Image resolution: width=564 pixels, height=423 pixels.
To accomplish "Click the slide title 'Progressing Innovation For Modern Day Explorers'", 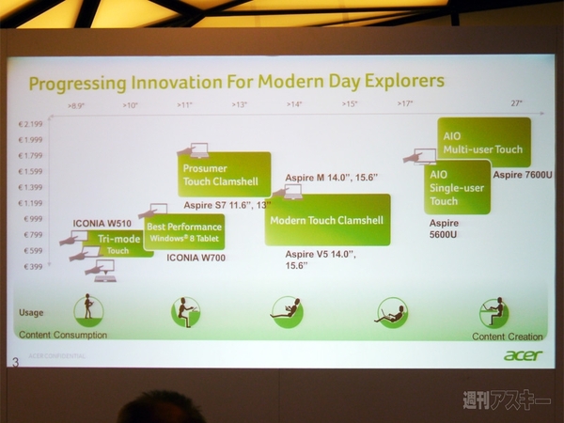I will point(236,82).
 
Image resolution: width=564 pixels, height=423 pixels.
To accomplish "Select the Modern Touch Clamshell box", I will point(326,220).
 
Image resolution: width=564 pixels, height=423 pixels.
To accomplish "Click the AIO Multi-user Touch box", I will point(483,142).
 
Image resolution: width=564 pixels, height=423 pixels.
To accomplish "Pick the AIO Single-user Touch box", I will point(458,187).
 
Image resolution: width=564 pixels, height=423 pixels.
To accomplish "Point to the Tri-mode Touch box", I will point(119,245).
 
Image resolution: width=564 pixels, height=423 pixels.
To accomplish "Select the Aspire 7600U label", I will point(522,175).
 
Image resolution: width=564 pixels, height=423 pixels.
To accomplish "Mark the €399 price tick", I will point(32,267).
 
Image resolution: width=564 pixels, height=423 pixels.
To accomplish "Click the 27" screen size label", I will point(517,103).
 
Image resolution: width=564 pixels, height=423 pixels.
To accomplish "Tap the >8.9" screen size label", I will point(78,105).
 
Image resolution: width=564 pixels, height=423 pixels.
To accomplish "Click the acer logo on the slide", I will point(523,355).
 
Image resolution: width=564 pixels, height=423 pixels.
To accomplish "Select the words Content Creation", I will point(507,336).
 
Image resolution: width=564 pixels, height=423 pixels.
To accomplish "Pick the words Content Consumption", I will point(63,334).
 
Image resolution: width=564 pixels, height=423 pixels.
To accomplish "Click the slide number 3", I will point(15,361).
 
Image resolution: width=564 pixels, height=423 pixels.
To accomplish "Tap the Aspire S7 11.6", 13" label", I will point(227,204).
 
